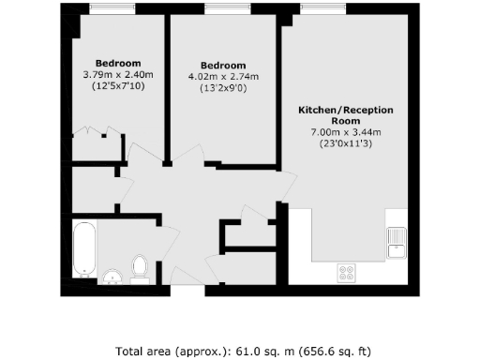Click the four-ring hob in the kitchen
click(347, 273)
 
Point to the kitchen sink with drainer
click(397, 243)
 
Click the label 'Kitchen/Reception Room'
click(346, 115)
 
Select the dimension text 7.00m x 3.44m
click(346, 132)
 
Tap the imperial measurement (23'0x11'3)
click(346, 143)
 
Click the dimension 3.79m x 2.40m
click(117, 74)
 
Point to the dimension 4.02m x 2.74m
click(223, 77)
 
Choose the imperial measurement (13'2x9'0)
click(223, 89)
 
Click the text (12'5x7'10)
click(117, 85)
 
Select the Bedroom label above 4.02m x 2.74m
click(223, 64)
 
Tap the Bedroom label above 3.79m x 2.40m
click(117, 62)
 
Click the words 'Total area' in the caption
click(142, 352)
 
